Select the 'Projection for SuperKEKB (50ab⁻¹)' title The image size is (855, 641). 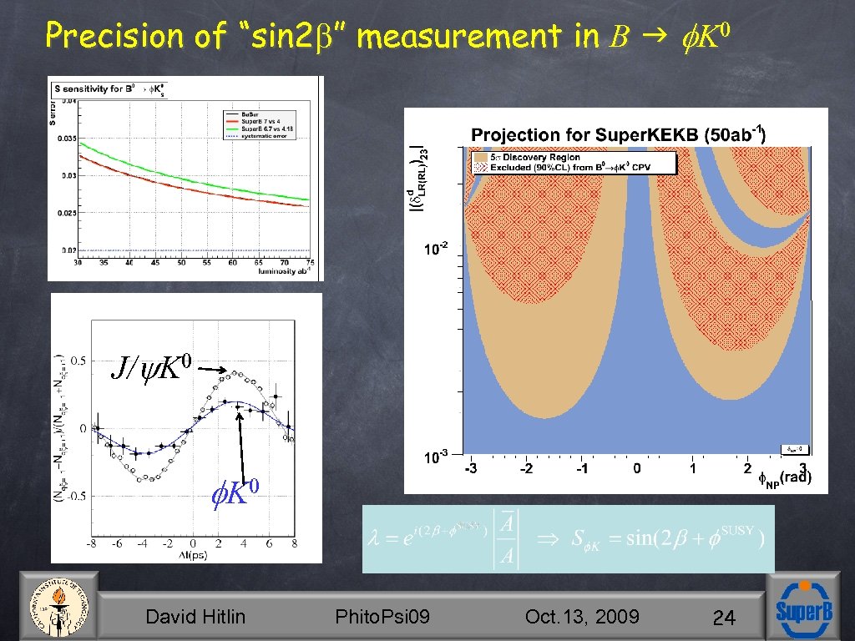619,134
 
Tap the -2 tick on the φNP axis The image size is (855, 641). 526,469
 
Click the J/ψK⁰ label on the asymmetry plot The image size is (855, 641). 153,366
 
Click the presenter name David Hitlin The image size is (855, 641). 195,617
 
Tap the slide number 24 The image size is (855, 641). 724,618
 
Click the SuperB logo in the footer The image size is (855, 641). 803,608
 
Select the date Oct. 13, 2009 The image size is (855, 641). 582,617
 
